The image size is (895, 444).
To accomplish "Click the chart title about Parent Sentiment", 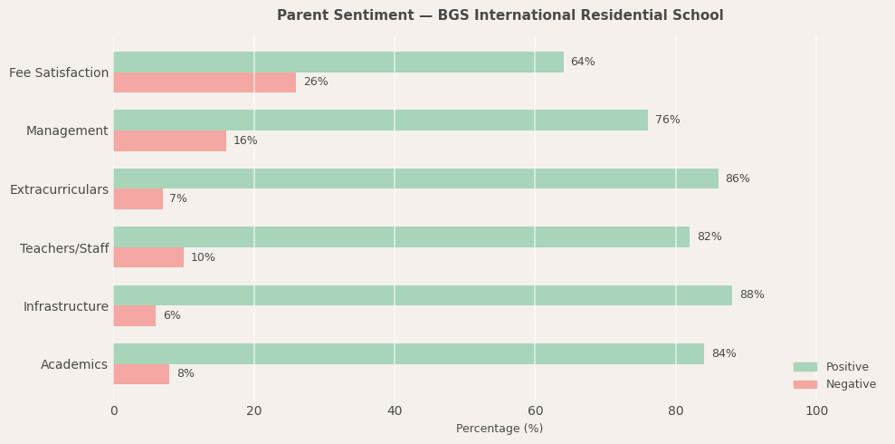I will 500,15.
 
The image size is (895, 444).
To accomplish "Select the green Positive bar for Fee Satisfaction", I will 338,62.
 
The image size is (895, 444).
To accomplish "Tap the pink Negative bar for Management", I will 169,140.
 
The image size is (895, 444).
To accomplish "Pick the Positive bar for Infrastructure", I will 422,295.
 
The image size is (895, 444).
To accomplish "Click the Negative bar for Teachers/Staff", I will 148,257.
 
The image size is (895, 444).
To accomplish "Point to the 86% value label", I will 738,179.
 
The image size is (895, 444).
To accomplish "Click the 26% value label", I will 316,82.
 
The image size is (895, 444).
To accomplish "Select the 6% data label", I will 172,315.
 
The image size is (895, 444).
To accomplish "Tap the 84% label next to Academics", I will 724,353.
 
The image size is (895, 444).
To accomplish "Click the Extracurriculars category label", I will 59,189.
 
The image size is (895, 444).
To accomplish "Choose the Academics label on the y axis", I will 74,364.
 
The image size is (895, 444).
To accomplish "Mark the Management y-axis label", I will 67,131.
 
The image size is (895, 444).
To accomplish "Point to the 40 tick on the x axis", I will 395,411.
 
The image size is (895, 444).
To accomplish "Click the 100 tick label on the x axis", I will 816,411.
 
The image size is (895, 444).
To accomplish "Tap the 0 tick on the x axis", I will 114,411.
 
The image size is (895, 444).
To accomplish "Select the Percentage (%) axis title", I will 500,429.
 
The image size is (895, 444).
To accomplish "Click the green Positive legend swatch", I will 805,367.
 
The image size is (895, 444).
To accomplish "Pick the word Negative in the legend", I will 851,384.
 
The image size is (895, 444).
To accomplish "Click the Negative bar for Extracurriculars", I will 138,198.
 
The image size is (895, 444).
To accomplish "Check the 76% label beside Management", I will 668,120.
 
